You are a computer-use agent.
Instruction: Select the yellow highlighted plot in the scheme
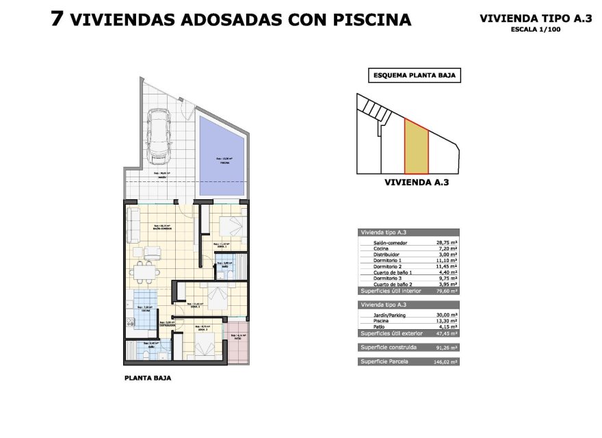click(416, 146)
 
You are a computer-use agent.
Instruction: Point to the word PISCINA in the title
click(376, 19)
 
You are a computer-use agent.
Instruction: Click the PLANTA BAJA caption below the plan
click(148, 377)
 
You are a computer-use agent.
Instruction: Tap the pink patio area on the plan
click(240, 348)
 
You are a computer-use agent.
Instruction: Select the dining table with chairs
click(145, 272)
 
